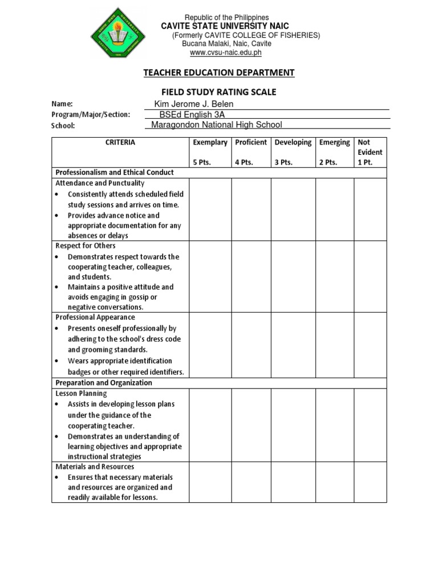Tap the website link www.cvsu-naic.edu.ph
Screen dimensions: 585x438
pos(225,53)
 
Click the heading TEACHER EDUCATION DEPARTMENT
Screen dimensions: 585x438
pos(219,73)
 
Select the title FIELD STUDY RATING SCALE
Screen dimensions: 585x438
pos(219,91)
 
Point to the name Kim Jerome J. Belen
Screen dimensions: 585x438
pos(194,103)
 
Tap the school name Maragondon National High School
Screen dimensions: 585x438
pos(217,125)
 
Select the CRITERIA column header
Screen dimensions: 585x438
pos(120,142)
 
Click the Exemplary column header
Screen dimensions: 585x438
pos(210,142)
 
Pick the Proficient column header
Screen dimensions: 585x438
pos(251,142)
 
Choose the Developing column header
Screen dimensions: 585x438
pos(293,142)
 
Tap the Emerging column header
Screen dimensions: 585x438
pos(335,142)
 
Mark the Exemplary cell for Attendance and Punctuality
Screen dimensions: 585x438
pos(210,209)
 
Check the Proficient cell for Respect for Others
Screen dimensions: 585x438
pos(251,277)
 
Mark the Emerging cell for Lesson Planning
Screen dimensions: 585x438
pos(335,425)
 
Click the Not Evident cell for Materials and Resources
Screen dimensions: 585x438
pos(370,482)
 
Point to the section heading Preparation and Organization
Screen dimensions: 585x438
pos(103,383)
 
